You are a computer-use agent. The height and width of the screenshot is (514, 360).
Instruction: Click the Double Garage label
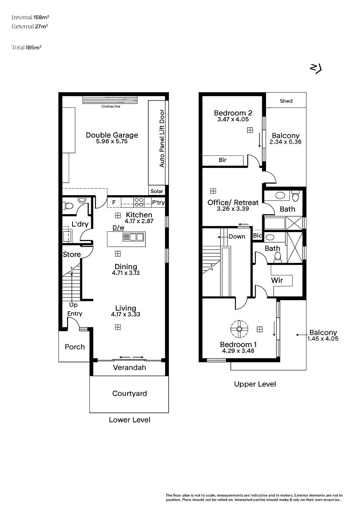pos(112,135)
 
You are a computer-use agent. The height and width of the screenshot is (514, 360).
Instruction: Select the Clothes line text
pos(111,106)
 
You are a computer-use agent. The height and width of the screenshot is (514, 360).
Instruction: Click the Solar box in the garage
pos(157,191)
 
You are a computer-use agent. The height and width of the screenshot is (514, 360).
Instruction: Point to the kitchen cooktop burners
pos(139,202)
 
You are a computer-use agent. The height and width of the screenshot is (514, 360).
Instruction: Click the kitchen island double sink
pos(133,237)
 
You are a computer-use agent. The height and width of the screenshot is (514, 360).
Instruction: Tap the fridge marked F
pos(114,202)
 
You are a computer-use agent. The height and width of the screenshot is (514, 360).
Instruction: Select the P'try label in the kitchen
pos(158,202)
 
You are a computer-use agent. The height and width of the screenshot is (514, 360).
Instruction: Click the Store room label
pos(72,254)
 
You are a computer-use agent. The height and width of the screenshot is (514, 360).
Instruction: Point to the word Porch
pos(75,347)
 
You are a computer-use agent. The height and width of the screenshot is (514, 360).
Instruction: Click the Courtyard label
pos(130,393)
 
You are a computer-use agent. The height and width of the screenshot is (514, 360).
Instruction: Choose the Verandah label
pos(130,368)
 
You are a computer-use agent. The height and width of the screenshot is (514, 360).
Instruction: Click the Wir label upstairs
pos(277,280)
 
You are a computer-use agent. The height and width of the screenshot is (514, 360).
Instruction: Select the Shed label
pos(286,101)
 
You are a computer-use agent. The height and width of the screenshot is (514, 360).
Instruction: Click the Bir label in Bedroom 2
pos(222,160)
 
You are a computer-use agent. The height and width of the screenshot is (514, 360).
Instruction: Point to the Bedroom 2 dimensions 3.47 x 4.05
pos(233,119)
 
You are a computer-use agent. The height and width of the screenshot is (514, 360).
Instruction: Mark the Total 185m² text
pos(27,48)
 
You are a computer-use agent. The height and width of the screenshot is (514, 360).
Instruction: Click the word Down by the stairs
pos(237,236)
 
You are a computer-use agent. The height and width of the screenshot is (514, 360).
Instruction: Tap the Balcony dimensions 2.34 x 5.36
pos(285,142)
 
